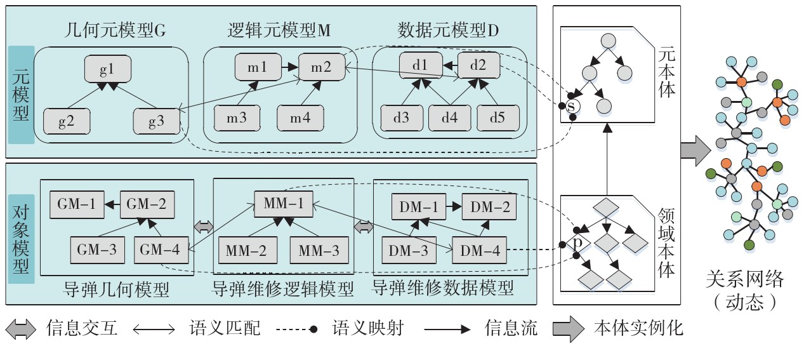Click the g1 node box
pos(107,68)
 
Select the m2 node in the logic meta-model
pos(320,66)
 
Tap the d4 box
pos(450,118)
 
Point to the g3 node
pos(156,120)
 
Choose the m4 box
pos(300,119)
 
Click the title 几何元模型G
pos(114,30)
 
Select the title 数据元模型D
pos(449,30)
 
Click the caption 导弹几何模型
pos(117,290)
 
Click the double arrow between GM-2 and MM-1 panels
pos(204,227)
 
